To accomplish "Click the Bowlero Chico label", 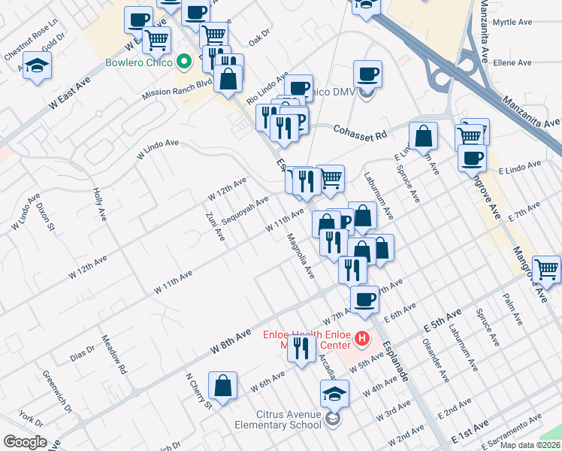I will pos(140,62).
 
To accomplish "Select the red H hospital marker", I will pos(363,339).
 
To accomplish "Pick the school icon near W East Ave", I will pos(37,65).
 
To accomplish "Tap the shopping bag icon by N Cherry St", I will pos(223,386).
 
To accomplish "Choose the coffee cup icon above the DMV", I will pos(367,74).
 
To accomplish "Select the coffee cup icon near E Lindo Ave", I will pos(472,158).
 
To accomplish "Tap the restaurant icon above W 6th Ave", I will pos(301,347).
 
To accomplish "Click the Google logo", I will pos(24,442).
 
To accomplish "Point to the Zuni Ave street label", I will pos(215,226).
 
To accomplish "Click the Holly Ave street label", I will pos(99,203).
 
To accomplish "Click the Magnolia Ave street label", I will pos(301,253).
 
